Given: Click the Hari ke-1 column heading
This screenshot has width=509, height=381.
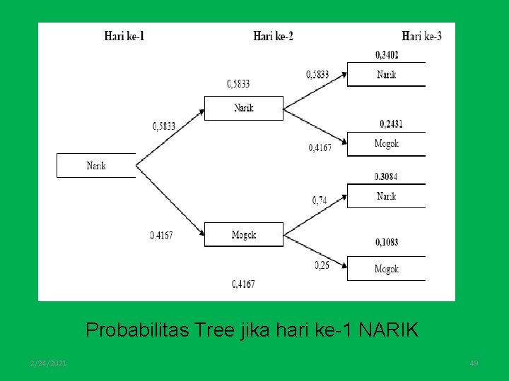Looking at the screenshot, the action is [124, 35].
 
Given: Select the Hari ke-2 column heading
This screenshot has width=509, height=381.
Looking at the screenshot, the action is [273, 35].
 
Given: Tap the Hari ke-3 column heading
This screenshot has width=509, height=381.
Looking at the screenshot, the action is [421, 35].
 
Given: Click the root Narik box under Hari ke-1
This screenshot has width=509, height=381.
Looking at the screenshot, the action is [96, 166].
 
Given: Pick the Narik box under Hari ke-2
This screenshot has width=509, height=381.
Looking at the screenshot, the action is [243, 108].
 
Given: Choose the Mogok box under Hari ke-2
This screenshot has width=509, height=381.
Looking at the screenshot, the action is [243, 235].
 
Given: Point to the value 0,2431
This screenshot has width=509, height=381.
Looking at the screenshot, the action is [391, 124].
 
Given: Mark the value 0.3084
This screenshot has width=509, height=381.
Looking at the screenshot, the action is [387, 176].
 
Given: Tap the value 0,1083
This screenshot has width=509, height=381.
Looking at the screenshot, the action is [386, 242].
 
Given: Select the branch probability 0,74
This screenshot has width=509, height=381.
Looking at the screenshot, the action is [320, 200].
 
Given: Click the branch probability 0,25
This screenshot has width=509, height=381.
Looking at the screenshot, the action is [322, 265].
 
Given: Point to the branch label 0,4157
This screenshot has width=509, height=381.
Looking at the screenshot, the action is [161, 235].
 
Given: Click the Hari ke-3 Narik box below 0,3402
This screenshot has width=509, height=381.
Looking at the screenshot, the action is [386, 75].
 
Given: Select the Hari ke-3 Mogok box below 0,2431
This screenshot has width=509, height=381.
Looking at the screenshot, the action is [386, 144].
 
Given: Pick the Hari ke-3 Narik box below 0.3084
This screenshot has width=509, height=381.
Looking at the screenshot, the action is [386, 196].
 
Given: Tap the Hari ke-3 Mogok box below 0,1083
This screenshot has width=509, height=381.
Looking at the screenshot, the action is [386, 269].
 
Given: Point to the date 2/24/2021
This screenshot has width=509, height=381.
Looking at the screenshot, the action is [49, 363].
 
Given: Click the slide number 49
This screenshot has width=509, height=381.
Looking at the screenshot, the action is [474, 363].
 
